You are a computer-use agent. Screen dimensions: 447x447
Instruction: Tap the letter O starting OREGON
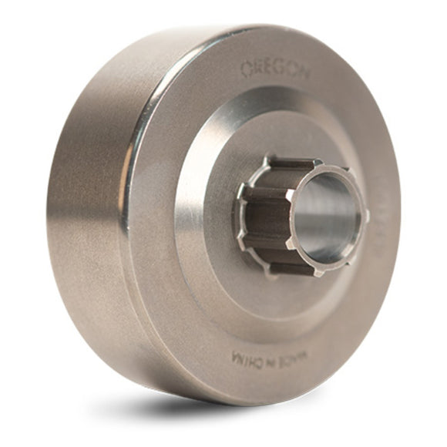246,69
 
